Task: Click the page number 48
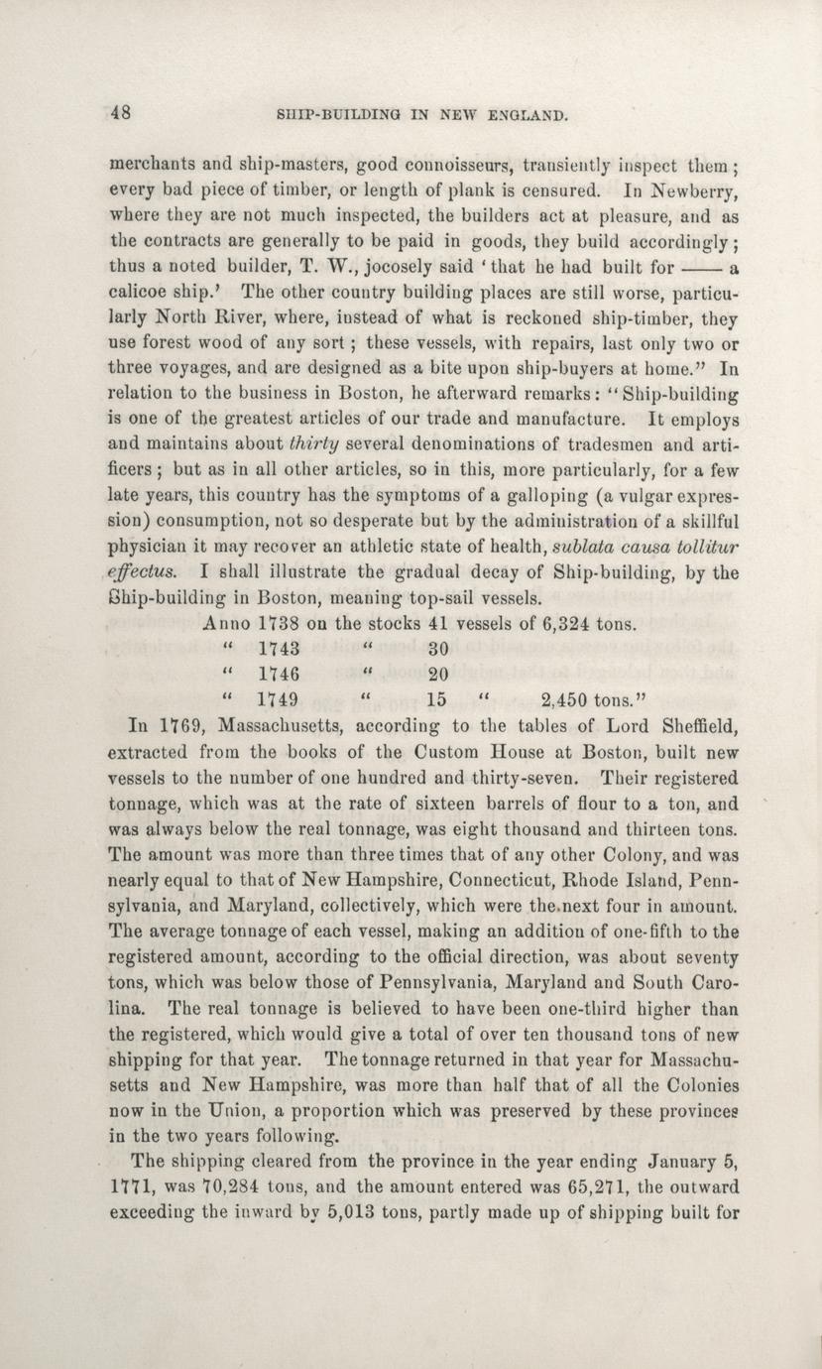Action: click(122, 112)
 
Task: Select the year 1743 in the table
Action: click(279, 651)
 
